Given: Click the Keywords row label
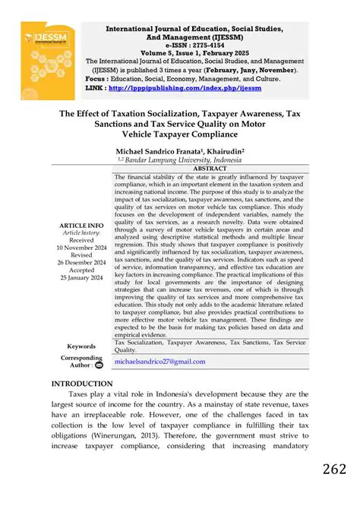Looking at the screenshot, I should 81,346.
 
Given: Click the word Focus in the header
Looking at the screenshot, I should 96,77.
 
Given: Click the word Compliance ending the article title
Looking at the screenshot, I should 231,134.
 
